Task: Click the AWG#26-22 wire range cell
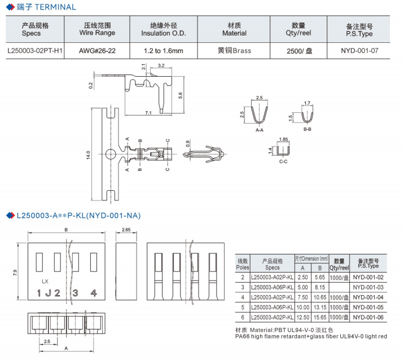click(x=97, y=51)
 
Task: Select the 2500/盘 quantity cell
click(x=298, y=51)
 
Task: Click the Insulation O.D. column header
click(x=163, y=29)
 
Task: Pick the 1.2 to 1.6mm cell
click(x=163, y=51)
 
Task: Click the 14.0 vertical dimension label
click(x=89, y=154)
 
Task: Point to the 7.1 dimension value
click(x=148, y=113)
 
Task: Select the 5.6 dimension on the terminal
click(x=180, y=95)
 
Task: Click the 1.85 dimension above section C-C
click(x=283, y=139)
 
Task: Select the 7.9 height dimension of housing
click(x=15, y=273)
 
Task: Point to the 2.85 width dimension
click(x=126, y=230)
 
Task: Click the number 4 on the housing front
click(x=93, y=293)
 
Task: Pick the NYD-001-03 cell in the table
click(x=368, y=287)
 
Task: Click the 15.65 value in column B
click(x=319, y=317)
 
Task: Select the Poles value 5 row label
click(x=243, y=307)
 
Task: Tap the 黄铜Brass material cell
click(x=234, y=51)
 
